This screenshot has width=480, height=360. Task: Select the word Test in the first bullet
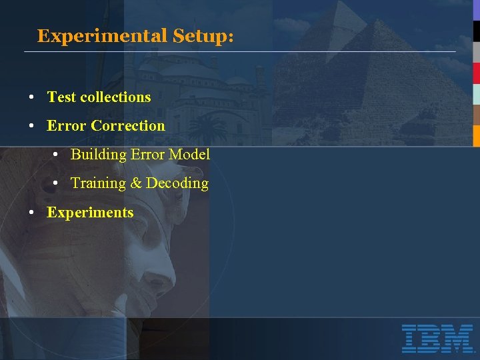coord(61,97)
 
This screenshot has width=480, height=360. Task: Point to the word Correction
coord(128,126)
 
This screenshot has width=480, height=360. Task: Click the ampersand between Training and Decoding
coord(136,183)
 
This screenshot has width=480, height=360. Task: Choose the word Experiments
coord(90,213)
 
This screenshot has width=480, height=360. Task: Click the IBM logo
coord(437,338)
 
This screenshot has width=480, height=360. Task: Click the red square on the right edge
coord(476,73)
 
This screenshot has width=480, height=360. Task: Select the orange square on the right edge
coord(476,135)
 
